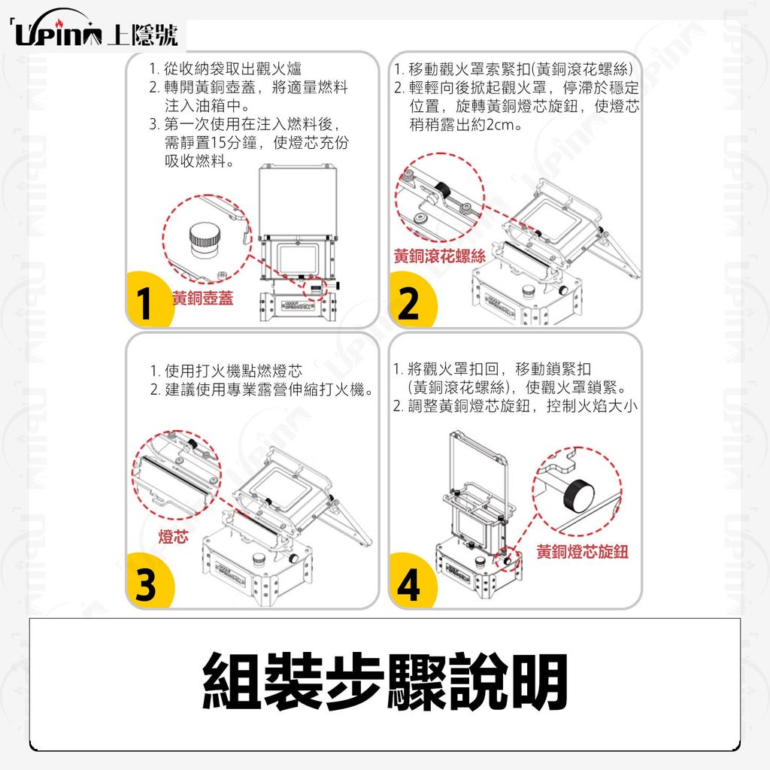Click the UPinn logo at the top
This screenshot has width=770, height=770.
point(59,33)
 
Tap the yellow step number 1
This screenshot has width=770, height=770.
point(144,303)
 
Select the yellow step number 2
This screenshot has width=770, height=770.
point(409,303)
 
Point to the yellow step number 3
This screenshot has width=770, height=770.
point(146,584)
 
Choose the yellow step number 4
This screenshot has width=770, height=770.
point(408,584)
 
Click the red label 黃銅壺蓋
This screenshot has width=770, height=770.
point(202,298)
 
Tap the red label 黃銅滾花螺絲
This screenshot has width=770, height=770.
point(439,256)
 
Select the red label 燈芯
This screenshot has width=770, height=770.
point(174,536)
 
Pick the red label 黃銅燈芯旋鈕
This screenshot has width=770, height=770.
point(583,551)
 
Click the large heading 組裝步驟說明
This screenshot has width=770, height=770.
point(385,681)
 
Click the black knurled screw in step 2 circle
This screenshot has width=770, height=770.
point(444,189)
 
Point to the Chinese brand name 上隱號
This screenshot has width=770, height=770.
point(142,35)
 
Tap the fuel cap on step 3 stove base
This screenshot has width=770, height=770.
point(257,559)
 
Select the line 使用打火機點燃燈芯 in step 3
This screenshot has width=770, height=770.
point(233,370)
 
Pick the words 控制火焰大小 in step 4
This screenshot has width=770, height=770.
point(592,406)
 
